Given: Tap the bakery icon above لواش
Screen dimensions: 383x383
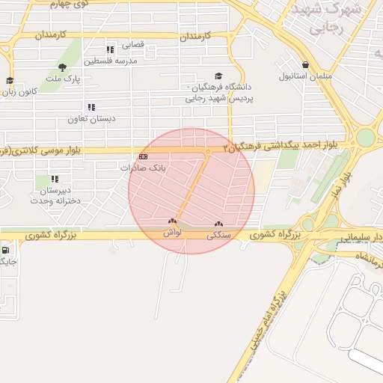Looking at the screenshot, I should (x=173, y=221).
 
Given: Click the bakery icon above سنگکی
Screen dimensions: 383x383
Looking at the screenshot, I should (x=218, y=224).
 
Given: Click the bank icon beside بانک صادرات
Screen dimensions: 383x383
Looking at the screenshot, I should (x=143, y=156).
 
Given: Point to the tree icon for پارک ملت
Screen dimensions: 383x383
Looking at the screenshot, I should (x=62, y=67).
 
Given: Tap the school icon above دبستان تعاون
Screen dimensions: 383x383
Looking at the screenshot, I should (x=91, y=108).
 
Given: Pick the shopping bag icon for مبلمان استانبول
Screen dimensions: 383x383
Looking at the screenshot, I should (x=305, y=64).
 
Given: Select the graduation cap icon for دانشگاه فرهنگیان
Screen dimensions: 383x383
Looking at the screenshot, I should (x=218, y=76).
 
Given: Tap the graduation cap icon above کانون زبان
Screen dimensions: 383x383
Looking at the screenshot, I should (x=10, y=81).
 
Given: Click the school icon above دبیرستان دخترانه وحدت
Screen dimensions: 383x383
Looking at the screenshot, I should (x=55, y=179).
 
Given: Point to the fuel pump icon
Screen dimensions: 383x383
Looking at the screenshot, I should (x=7, y=251).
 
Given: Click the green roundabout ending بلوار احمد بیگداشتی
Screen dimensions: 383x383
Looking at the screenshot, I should (x=364, y=138).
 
